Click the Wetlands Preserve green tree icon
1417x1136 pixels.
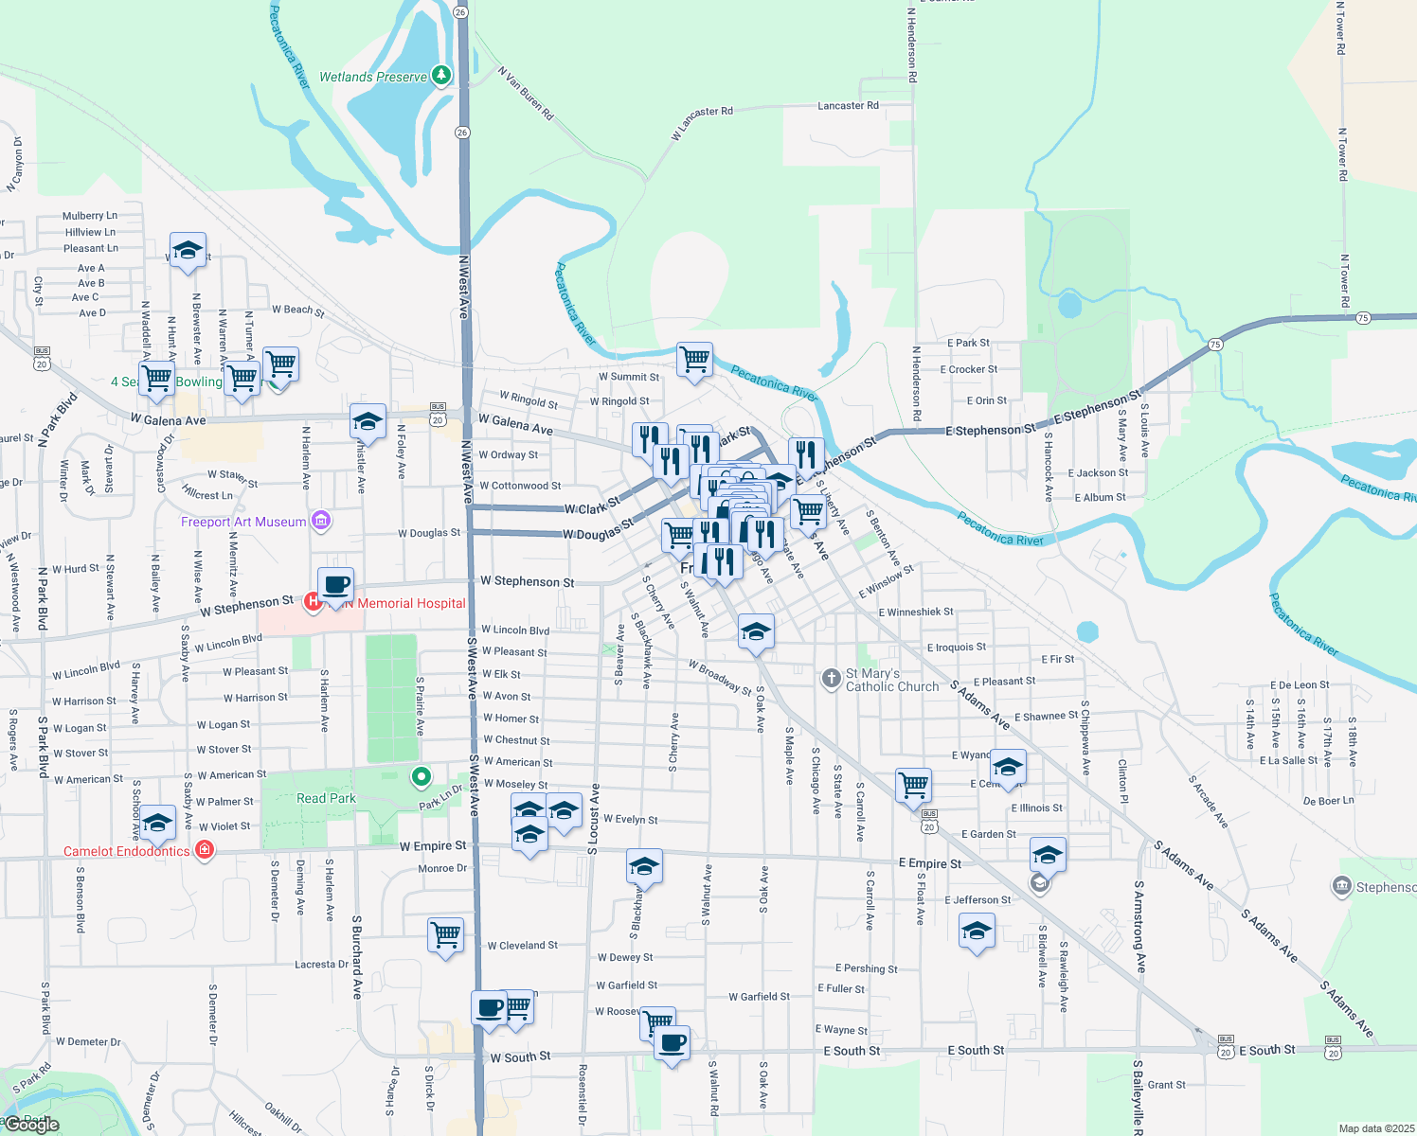click(440, 76)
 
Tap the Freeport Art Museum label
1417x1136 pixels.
click(243, 522)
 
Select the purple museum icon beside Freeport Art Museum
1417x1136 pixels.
click(321, 520)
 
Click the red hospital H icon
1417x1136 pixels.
click(313, 601)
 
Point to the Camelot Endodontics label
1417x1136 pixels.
click(126, 851)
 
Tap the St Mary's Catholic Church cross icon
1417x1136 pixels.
click(831, 678)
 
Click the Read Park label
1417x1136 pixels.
click(326, 798)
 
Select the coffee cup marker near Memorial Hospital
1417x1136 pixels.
click(335, 585)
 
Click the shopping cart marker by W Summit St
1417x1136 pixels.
click(694, 360)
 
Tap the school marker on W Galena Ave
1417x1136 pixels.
click(368, 421)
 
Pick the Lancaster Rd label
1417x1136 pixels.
click(848, 106)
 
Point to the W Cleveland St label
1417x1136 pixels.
click(522, 945)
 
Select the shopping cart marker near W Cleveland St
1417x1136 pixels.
click(445, 935)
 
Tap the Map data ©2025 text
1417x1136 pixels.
click(1376, 1128)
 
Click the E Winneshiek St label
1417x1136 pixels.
click(915, 612)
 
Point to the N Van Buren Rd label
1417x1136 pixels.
click(526, 93)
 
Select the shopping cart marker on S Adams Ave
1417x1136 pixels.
click(913, 784)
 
